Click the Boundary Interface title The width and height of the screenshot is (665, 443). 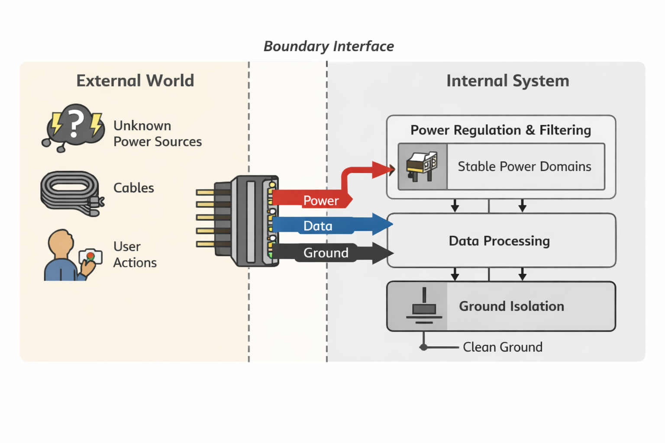(329, 46)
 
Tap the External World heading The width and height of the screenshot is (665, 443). (135, 81)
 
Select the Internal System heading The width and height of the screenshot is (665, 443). (507, 81)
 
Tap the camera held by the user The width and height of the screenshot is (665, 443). (90, 256)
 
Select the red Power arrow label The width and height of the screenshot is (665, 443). (321, 201)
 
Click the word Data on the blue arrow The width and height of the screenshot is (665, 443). (318, 226)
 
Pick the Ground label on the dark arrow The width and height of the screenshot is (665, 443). (326, 253)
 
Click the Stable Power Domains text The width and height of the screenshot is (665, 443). (524, 167)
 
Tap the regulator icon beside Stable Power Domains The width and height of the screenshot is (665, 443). (422, 167)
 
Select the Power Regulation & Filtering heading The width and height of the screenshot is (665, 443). (500, 130)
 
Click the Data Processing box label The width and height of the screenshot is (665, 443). (499, 241)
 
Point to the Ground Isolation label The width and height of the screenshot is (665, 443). (511, 306)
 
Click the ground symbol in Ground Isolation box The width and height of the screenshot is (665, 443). (424, 307)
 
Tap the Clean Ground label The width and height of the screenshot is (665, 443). (502, 347)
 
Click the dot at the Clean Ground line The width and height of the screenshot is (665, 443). (424, 347)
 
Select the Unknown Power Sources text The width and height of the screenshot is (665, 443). (157, 134)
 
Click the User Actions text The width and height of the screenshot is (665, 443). (135, 254)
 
